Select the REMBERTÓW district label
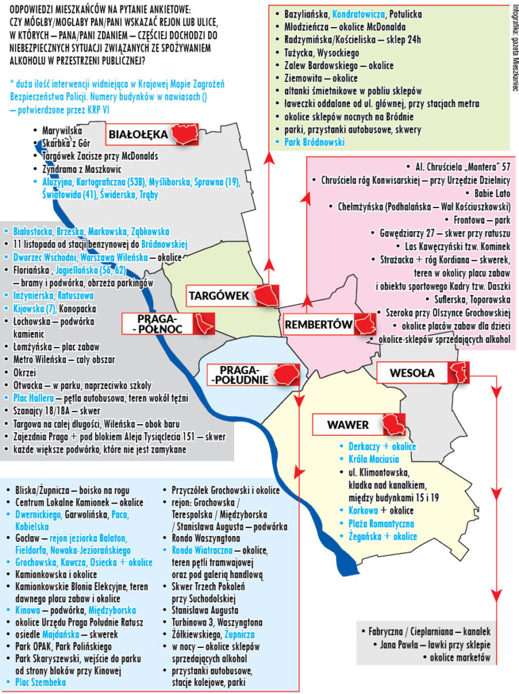pyautogui.click(x=318, y=325)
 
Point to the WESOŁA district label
pyautogui.click(x=412, y=372)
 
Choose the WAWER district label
pyautogui.click(x=347, y=425)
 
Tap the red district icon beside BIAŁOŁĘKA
pyautogui.click(x=188, y=135)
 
